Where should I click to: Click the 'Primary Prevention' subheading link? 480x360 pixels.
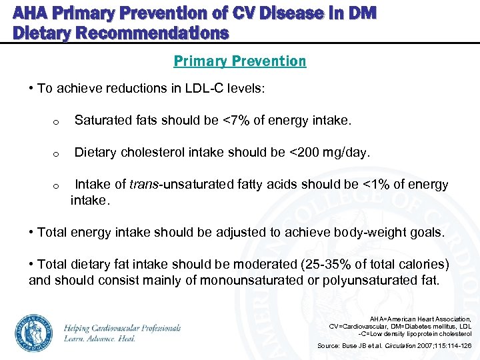[240, 61]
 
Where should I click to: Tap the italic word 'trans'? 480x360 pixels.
[145, 185]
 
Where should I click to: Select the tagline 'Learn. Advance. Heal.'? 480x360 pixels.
[99, 339]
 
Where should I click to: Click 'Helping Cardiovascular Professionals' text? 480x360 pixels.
[123, 328]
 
